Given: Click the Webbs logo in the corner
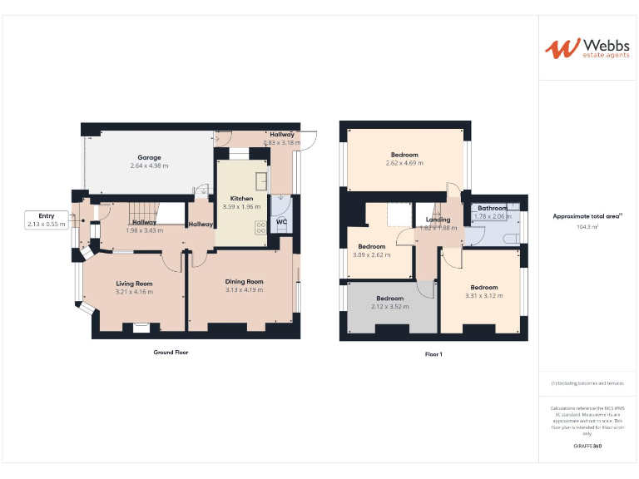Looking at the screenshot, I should tap(587, 47).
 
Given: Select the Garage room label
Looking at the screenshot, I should tap(149, 157).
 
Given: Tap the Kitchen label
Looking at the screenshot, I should tap(241, 199).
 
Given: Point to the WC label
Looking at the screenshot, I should tap(281, 222).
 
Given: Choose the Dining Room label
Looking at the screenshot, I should tap(244, 281).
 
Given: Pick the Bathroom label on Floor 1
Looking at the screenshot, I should tap(492, 208).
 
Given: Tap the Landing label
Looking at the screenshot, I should tap(438, 220).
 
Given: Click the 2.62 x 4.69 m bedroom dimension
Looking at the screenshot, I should tap(404, 163).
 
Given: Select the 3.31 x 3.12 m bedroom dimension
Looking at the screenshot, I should tap(483, 296).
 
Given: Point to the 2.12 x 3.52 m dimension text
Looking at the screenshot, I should tap(389, 306).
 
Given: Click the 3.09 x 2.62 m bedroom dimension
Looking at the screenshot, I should tap(371, 254).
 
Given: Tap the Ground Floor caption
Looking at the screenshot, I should tap(171, 352).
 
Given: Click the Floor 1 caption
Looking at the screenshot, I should tap(433, 354).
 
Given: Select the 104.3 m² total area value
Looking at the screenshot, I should tap(587, 226).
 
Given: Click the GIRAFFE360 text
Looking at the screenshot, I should tap(587, 447).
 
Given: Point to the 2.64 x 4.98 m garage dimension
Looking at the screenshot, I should tap(149, 165).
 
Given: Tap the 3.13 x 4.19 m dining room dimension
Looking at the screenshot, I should tap(244, 289).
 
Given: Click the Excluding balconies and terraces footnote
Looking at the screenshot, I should tap(587, 383).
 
